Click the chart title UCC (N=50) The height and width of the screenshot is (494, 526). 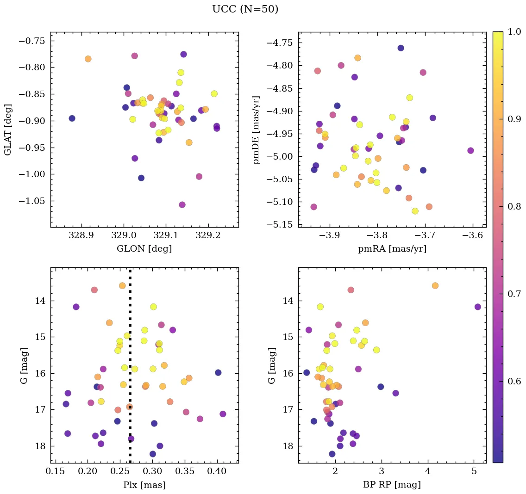pos(245,9)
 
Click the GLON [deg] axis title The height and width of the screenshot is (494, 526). pos(144,249)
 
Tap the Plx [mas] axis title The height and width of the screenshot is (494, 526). pos(144,485)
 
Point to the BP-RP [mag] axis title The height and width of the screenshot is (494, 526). pos(392,485)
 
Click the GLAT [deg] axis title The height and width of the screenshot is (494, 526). pos(8,130)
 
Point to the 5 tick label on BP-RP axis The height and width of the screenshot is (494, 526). pos(474,471)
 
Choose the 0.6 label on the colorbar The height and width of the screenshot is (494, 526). pos(513,381)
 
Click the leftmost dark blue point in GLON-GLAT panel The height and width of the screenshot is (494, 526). pos(72,118)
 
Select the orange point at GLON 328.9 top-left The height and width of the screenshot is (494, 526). pos(88,59)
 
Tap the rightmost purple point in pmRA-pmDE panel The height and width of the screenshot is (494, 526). pos(470,150)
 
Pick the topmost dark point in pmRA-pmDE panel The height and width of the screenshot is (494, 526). pos(401,48)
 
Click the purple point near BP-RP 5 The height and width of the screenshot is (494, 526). pos(477,307)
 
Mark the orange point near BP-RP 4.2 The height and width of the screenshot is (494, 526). pos(435,285)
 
